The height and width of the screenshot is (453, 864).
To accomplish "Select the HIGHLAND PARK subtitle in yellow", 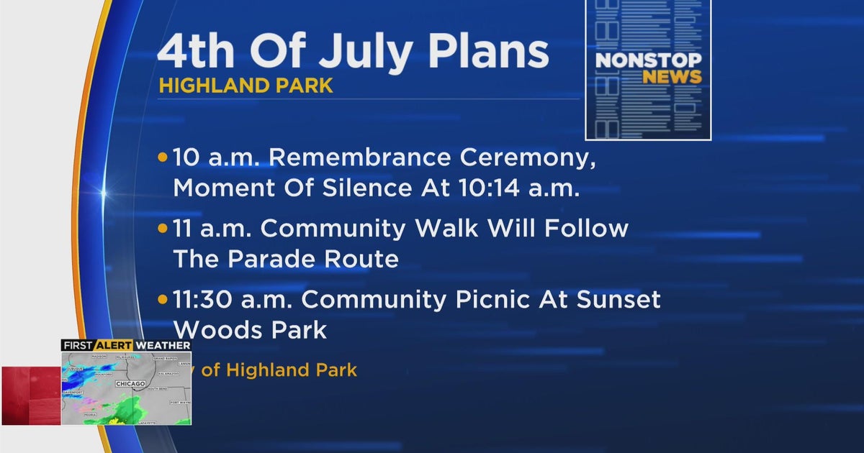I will pos(246,86).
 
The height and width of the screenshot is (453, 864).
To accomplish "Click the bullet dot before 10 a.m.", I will pos(163,157).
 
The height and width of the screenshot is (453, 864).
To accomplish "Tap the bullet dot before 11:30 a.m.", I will pos(163,298).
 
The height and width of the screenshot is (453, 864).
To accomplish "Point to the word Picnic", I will pos(478,298).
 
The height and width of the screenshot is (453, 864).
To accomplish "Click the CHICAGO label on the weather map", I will pos(130,385).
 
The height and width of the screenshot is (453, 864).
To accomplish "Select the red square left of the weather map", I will pos(30,395).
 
